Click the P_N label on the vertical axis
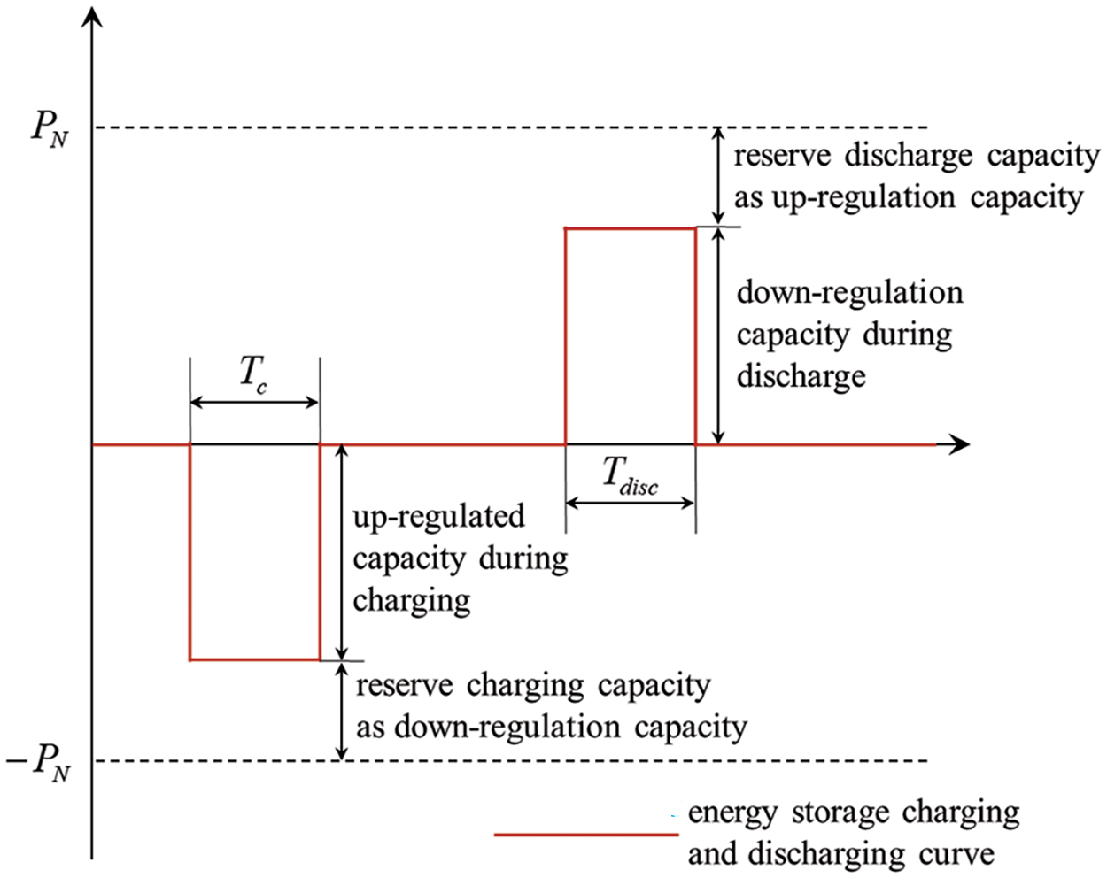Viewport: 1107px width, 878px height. click(50, 130)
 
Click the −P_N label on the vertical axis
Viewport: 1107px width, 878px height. click(40, 761)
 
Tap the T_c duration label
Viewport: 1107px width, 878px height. click(253, 374)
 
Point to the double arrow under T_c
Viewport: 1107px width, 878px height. click(255, 403)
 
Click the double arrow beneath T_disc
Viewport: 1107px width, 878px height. click(630, 503)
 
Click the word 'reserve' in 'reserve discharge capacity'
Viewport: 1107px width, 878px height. click(782, 157)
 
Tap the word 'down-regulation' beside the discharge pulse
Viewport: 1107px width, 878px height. click(849, 293)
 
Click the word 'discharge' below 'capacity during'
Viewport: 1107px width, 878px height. click(801, 377)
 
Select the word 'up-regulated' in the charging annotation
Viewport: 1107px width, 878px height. click(438, 517)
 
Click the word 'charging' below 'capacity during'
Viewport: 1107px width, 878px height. click(411, 602)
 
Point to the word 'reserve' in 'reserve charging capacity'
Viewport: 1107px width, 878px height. click(404, 686)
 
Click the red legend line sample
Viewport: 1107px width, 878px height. click(585, 834)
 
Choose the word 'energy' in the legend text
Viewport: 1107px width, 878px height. click(732, 813)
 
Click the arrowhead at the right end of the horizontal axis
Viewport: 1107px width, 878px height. click(959, 444)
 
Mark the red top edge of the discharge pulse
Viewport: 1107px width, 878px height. click(630, 228)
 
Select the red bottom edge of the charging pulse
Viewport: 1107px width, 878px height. click(255, 659)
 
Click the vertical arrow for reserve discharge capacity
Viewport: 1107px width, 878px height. click(719, 176)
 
